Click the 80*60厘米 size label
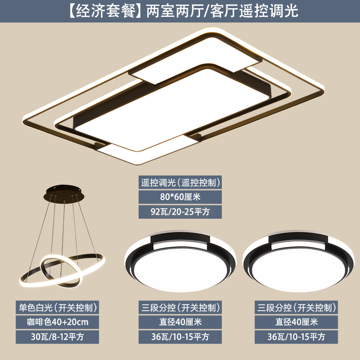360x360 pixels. pos(180,197)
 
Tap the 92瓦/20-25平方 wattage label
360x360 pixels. pos(180,211)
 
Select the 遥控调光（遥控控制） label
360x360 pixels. pos(180,183)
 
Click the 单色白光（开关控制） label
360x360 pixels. pos(57,308)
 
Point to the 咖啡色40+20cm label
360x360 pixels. pos(57,322)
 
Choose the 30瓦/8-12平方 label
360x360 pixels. pos(57,337)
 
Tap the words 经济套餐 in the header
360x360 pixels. pos(105,10)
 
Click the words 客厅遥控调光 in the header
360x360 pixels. pos(254,10)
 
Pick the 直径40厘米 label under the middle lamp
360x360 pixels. pos(180,322)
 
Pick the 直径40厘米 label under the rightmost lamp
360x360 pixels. pos(296,322)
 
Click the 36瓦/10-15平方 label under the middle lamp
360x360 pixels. pos(180,337)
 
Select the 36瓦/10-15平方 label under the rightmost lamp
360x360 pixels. pos(296,337)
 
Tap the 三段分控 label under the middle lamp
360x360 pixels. pos(159,308)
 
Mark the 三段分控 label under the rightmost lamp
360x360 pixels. pos(274,308)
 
